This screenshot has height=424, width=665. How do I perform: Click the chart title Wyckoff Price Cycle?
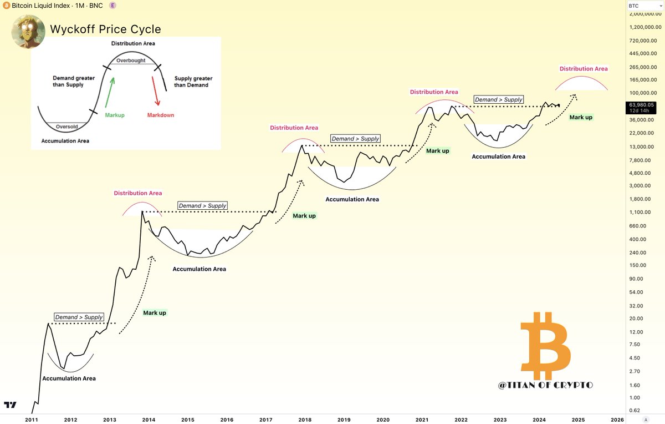[x=105, y=29]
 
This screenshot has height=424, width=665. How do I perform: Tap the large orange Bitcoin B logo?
[x=545, y=344]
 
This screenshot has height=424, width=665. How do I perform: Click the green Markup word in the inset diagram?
[x=115, y=115]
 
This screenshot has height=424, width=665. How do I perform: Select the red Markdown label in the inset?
[x=160, y=115]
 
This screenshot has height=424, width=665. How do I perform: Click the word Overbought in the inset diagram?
[x=131, y=60]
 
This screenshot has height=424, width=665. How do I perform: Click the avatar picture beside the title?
[x=28, y=31]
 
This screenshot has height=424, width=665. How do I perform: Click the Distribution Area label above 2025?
[x=583, y=69]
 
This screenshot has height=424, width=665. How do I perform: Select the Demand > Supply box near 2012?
[x=79, y=317]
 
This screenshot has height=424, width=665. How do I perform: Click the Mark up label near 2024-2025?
[x=581, y=117]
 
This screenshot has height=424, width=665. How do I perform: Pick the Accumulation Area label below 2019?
[x=352, y=199]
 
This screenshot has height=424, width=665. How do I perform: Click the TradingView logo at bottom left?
[x=11, y=405]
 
